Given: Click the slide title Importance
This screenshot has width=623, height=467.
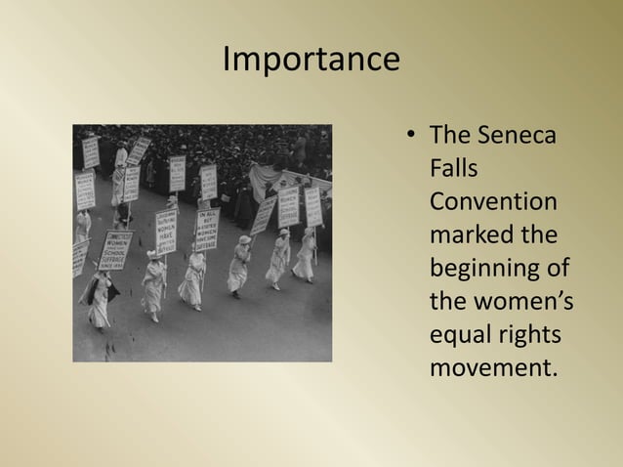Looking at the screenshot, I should tap(311, 60).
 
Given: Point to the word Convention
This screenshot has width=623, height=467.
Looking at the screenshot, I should tap(493, 202).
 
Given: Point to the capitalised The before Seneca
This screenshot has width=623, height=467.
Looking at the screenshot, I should tap(450, 136).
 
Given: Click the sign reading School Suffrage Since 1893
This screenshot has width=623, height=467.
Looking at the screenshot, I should tap(116, 249).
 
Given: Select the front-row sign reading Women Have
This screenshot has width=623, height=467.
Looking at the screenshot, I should tap(167, 232).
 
